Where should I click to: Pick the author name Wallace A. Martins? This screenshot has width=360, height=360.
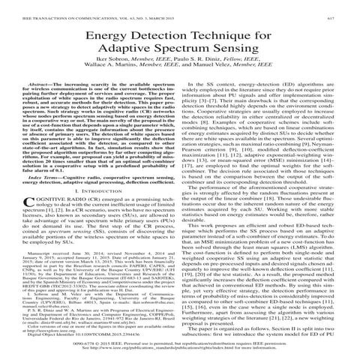(x=115, y=76)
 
